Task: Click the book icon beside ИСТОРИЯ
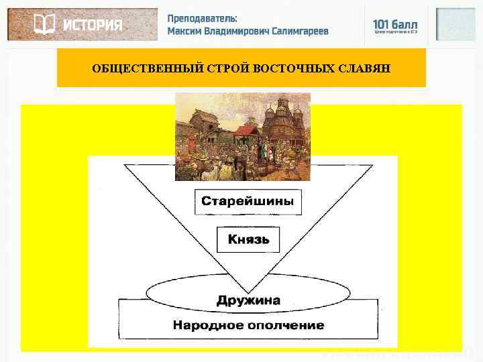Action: [44, 25]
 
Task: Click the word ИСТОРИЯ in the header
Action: [93, 25]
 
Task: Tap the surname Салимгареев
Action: [301, 32]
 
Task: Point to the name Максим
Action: [186, 32]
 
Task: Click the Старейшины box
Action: [248, 201]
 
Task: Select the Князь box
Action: [248, 239]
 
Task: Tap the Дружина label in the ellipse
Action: [248, 300]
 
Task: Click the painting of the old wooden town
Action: [242, 137]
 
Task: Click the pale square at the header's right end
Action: [455, 25]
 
